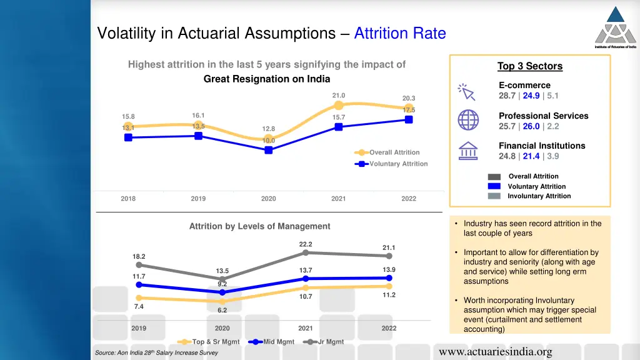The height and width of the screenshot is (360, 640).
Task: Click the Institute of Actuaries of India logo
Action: (x=615, y=26)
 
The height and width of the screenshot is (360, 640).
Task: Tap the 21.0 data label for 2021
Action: (x=338, y=96)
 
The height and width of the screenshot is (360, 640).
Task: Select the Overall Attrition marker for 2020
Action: (x=269, y=139)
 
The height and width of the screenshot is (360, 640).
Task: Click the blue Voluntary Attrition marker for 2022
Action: (x=409, y=119)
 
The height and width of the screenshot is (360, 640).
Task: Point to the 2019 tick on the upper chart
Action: (x=198, y=199)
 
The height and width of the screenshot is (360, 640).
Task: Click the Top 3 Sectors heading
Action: (x=529, y=66)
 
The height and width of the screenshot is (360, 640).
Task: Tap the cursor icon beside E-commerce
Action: (x=466, y=91)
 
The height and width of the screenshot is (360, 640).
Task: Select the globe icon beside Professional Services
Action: (x=468, y=120)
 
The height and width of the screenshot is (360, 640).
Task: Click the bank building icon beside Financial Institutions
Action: (x=468, y=151)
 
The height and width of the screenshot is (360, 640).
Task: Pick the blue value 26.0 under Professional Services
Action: (x=531, y=126)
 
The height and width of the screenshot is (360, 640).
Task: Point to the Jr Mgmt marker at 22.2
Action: (x=306, y=252)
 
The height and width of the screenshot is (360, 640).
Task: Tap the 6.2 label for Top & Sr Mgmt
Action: (x=222, y=310)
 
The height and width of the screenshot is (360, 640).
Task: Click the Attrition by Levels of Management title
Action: (x=259, y=226)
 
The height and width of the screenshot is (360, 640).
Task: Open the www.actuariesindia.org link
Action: (x=496, y=352)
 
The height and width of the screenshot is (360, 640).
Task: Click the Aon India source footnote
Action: (x=156, y=353)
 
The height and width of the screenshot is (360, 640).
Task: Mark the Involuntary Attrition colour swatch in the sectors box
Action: (x=494, y=196)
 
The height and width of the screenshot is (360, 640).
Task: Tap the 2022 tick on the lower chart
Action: (x=389, y=328)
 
